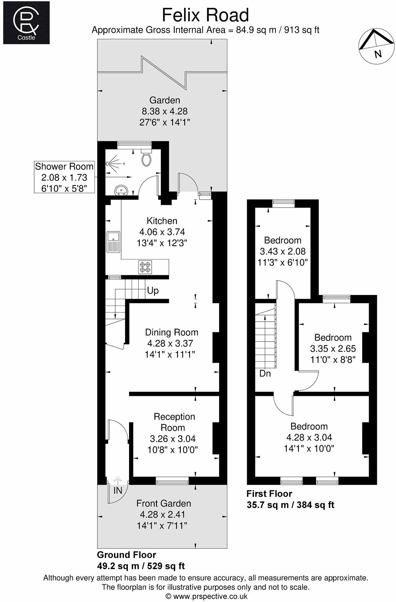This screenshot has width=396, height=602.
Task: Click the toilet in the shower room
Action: point(147,158)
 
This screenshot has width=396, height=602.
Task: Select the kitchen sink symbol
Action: point(113,241)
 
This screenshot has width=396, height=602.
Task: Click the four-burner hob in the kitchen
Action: point(145,267)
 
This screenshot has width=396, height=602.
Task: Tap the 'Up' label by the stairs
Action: point(153,291)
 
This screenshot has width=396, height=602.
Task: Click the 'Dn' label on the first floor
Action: point(265,373)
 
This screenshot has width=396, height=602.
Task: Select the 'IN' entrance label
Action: point(118,491)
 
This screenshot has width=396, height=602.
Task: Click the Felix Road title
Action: point(205,15)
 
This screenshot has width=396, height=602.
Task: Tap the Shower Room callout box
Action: point(64,177)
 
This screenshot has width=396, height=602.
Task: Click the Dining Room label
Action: point(171,332)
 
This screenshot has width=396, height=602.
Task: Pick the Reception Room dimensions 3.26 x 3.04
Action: point(173,439)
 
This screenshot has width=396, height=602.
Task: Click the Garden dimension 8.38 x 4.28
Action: point(165,111)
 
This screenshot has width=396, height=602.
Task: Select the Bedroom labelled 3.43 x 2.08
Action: point(283,251)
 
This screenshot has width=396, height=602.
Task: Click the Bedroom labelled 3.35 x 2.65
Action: point(333,348)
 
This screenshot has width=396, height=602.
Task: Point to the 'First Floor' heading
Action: point(269,494)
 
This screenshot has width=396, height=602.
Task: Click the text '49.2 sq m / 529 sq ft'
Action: point(141,566)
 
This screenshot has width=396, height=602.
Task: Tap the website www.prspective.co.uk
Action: point(207,596)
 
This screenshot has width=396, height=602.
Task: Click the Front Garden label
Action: point(164,503)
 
